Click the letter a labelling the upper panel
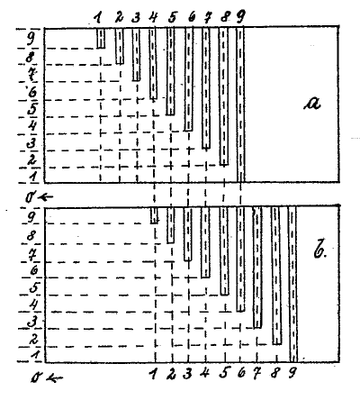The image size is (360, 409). (x=312, y=104)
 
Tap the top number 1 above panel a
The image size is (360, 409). (x=97, y=19)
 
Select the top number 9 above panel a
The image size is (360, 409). (x=240, y=17)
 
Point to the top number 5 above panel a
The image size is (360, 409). (x=172, y=18)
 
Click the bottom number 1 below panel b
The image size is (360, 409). (x=154, y=374)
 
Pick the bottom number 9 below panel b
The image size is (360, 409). (x=292, y=374)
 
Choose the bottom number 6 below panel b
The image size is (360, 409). (x=241, y=373)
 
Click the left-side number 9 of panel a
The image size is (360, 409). (x=31, y=39)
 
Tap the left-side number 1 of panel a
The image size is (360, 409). (x=34, y=176)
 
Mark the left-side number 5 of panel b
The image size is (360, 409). (x=34, y=289)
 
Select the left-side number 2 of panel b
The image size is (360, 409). (x=33, y=340)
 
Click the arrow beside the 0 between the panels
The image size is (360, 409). (x=46, y=197)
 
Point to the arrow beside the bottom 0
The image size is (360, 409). (x=56, y=378)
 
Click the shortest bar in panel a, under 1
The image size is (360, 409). (x=101, y=38)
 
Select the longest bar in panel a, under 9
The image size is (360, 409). (x=240, y=105)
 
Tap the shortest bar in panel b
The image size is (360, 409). (x=154, y=215)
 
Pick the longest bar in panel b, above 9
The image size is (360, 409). (x=292, y=285)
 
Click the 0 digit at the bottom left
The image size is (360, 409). (x=36, y=377)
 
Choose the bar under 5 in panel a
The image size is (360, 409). (x=170, y=71)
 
